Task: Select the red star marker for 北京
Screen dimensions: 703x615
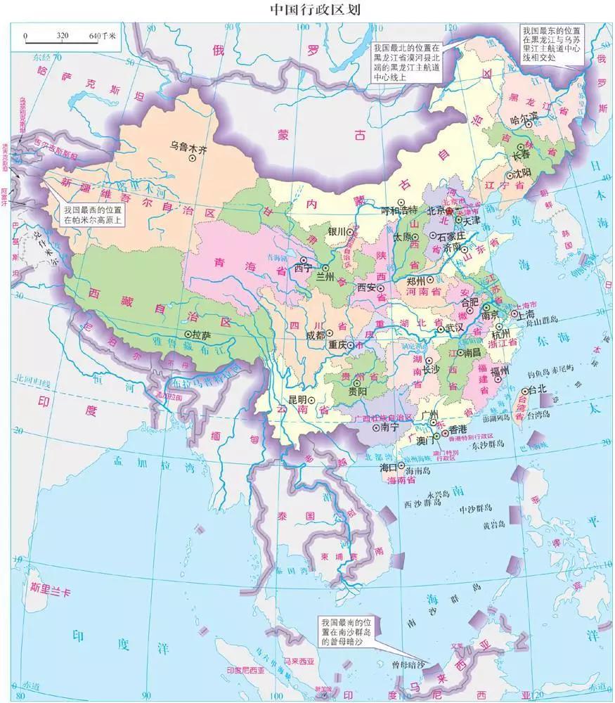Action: tap(451, 211)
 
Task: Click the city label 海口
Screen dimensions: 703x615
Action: tap(389, 467)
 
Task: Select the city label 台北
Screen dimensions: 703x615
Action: tap(536, 389)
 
